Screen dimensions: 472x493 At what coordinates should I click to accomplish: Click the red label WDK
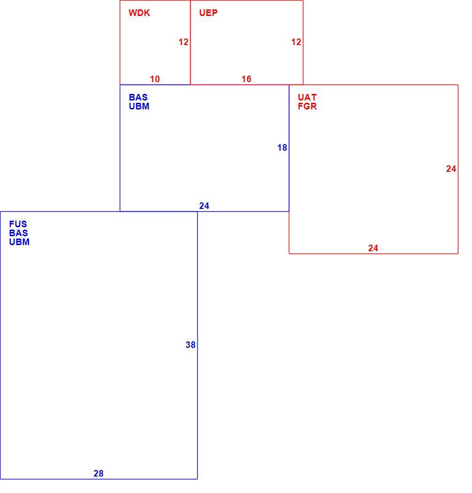click(139, 13)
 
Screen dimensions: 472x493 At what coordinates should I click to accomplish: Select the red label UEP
click(208, 13)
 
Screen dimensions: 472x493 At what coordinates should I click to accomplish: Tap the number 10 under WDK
click(155, 79)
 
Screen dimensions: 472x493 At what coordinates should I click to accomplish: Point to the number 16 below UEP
click(246, 79)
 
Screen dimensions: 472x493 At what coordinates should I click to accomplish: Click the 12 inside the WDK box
click(183, 42)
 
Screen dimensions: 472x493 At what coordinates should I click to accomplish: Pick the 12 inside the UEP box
click(296, 42)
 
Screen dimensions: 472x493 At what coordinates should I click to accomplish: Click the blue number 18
click(282, 147)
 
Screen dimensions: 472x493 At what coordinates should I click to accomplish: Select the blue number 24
click(204, 206)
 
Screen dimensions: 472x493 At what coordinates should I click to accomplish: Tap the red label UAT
click(307, 97)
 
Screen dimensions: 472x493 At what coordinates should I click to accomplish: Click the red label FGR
click(307, 106)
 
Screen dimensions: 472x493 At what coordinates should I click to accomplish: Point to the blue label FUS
click(18, 224)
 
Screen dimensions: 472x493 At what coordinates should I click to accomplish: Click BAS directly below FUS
click(19, 233)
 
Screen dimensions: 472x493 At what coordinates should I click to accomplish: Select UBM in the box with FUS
click(19, 242)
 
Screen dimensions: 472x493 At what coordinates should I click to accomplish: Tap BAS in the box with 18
click(138, 97)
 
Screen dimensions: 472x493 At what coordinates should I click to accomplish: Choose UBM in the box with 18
click(139, 106)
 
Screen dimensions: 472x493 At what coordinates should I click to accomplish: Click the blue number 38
click(190, 345)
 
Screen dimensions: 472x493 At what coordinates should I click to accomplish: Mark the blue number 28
click(99, 473)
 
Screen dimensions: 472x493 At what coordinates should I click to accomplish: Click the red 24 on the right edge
click(451, 169)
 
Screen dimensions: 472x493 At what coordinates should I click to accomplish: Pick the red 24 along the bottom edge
click(373, 248)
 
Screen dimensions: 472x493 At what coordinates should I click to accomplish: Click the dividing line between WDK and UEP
click(190, 42)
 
